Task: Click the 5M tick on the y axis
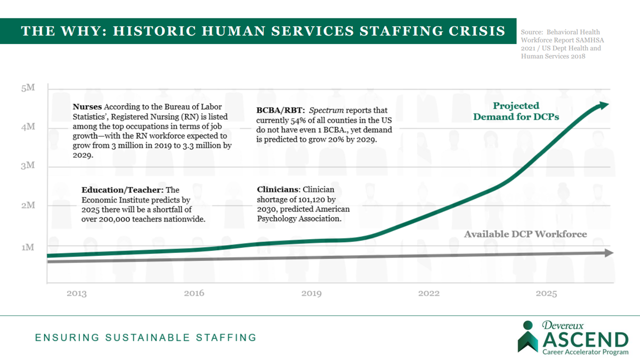point(28,88)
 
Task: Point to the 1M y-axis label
point(28,247)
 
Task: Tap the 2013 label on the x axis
point(76,293)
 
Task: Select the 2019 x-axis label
point(311,293)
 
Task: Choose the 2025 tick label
point(546,293)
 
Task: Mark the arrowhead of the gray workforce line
point(609,253)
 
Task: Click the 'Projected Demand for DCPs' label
point(516,111)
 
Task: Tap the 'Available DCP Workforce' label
point(525,234)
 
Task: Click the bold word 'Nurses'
point(87,107)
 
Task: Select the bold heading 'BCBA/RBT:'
point(277,110)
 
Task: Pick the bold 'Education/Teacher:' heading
point(122,190)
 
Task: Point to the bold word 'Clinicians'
point(278,190)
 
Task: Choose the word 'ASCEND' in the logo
point(585,340)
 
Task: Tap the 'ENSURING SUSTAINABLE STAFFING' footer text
point(145,337)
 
